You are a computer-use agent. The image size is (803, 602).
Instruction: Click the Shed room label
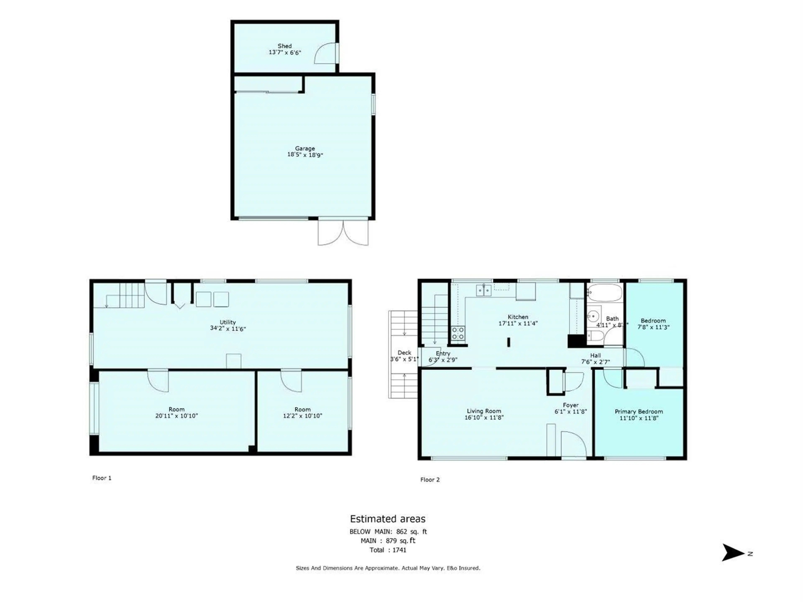pos(285,46)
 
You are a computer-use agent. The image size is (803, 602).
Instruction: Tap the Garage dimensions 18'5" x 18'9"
pos(305,155)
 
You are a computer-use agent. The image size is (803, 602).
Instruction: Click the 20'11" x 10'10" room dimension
pos(176,416)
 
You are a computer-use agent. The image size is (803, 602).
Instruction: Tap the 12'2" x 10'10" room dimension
pos(302,416)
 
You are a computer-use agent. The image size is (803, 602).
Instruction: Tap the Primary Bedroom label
pos(639,412)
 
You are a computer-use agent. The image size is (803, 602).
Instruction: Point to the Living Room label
pos(484,411)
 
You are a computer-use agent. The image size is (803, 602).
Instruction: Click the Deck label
pos(404,353)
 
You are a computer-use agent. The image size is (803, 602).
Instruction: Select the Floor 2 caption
pos(430,480)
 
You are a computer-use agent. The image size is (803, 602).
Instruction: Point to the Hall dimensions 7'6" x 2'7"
pos(595,362)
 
